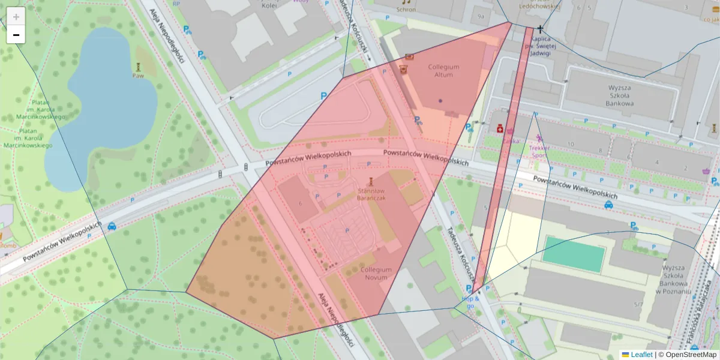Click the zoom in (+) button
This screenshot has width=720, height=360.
point(16,16)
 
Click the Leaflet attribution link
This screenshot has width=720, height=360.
point(641,355)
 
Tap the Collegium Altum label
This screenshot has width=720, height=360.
point(443,71)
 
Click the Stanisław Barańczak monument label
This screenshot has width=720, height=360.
point(371,192)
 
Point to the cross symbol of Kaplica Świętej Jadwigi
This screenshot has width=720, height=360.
point(540,29)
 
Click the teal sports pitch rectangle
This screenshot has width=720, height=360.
point(573,254)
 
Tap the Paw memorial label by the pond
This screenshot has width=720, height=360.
point(138,76)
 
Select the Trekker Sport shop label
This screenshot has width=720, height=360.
point(539,151)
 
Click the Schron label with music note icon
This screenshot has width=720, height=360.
point(406,10)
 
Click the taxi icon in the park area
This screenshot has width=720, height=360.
point(112,227)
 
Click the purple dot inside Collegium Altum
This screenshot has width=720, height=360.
point(440,100)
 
